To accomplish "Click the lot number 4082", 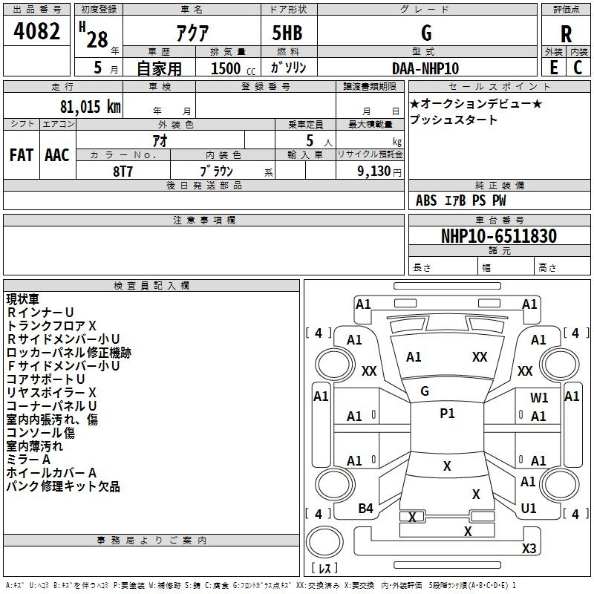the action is coord(36,31).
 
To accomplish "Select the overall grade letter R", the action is coord(566,34).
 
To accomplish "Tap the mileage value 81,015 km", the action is coord(90,106).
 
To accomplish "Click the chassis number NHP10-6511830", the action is coord(499,235).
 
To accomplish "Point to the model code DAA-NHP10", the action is coord(425,68).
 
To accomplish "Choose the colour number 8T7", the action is coord(123,172).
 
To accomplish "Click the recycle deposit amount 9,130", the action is coord(374,172).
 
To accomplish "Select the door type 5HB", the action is coord(287,33).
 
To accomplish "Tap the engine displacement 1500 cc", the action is coord(233,68).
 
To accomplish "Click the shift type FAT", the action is coord(22,155).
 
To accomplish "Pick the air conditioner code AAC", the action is coord(57,155).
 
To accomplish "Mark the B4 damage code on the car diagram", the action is coord(365,509).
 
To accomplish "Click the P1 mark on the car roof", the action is coord(447,414).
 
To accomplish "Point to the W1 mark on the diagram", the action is coord(539,398).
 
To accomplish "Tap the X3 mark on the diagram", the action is coord(529,548).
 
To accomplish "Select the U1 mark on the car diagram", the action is coord(529,509).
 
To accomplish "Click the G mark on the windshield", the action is coord(425,391).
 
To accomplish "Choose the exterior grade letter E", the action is coord(553,68).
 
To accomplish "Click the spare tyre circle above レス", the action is coord(324,542).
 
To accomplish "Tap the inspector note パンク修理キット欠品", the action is coord(63,486).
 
